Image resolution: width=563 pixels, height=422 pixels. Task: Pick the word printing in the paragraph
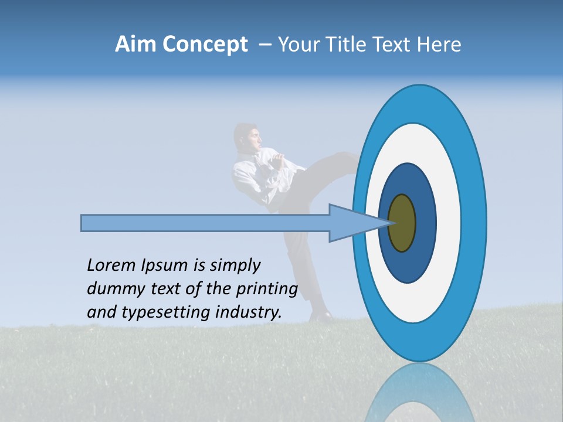click(x=266, y=289)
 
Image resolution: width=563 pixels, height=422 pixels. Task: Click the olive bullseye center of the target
click(x=402, y=223)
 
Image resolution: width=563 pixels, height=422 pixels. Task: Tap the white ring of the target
click(x=449, y=223)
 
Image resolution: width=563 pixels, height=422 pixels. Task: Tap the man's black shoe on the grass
click(x=321, y=316)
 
